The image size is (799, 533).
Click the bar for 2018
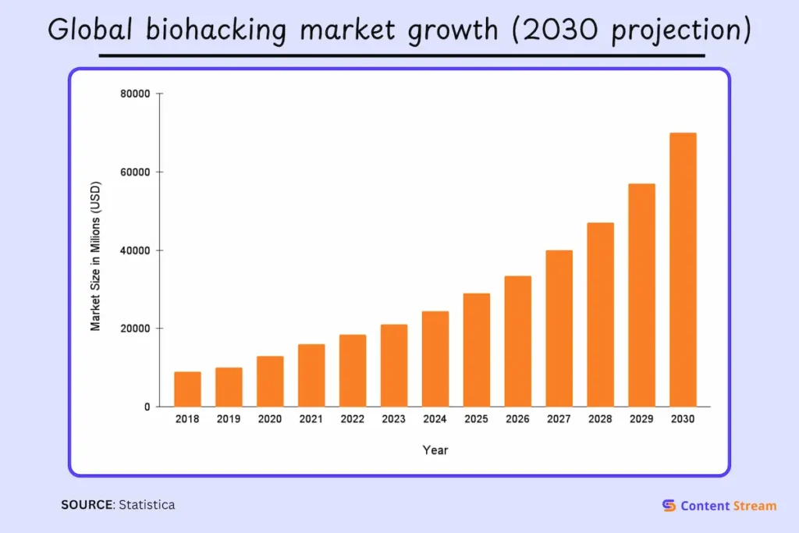[x=187, y=389]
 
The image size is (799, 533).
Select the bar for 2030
[x=683, y=269]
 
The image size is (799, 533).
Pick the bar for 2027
[x=559, y=328]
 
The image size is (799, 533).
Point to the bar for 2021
[x=311, y=375]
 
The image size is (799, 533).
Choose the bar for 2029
[x=641, y=295]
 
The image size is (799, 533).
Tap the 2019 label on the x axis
[x=229, y=419]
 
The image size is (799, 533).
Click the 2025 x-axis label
[x=476, y=419]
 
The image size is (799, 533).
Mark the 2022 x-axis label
[x=353, y=419]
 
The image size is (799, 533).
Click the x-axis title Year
[x=435, y=450]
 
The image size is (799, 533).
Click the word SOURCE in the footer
[x=87, y=505]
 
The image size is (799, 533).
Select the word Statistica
[x=147, y=505]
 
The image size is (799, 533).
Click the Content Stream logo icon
[x=669, y=506]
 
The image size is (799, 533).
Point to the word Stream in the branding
[x=755, y=506]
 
